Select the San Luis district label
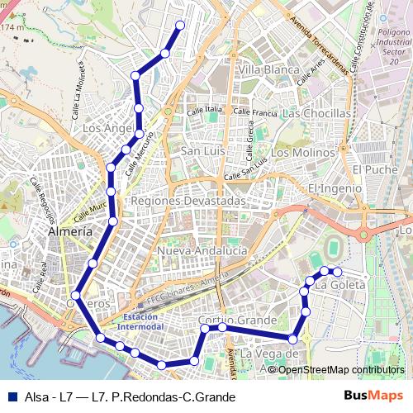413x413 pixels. (203, 151)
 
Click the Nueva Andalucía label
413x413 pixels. (202, 250)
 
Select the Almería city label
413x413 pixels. (71, 232)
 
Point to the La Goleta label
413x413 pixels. (340, 285)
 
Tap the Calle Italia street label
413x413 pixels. (205, 109)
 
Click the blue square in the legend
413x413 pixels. (12, 396)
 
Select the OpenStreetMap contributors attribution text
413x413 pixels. (340, 369)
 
